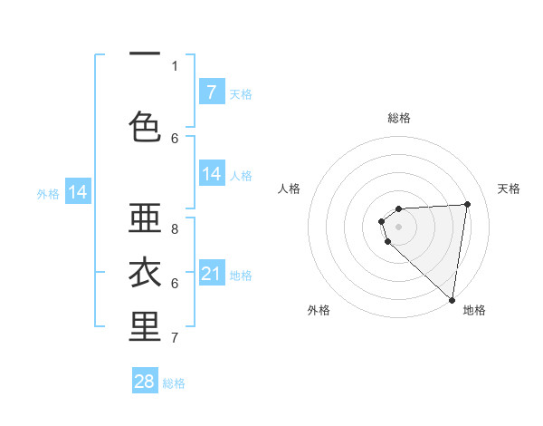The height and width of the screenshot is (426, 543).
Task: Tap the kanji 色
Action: (x=146, y=127)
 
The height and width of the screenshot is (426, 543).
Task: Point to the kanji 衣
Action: (x=146, y=273)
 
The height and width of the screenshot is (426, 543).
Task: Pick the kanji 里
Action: (x=146, y=327)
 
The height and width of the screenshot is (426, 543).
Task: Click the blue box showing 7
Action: (x=212, y=92)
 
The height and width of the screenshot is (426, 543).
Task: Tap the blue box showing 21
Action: (x=212, y=274)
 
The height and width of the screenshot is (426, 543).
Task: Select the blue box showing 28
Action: (x=145, y=382)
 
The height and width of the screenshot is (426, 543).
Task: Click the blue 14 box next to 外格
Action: (x=78, y=192)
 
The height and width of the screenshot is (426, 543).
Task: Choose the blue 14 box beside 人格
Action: (x=212, y=174)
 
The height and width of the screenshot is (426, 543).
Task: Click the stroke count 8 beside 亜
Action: (x=175, y=229)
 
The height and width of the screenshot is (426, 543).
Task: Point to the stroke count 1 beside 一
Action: (x=175, y=65)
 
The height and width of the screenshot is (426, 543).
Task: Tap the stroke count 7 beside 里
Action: (x=175, y=338)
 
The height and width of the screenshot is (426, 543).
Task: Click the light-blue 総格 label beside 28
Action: (x=174, y=383)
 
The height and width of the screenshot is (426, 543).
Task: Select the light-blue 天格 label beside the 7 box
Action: (x=241, y=93)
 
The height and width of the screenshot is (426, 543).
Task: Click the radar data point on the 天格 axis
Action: (x=467, y=204)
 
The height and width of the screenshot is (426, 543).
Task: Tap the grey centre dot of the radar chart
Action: (x=398, y=225)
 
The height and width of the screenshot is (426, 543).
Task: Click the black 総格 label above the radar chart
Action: (x=399, y=118)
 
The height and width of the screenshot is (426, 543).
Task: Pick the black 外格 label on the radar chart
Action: (x=319, y=310)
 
